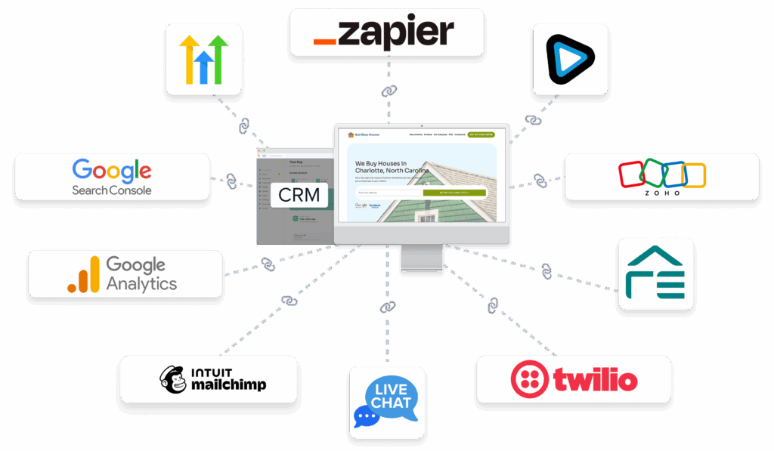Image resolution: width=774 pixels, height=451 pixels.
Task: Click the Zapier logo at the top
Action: (x=386, y=32)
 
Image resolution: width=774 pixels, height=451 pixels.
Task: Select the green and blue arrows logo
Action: (x=203, y=59)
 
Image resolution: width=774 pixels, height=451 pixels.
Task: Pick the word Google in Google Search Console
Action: (x=111, y=169)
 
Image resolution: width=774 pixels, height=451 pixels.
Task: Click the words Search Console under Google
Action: (x=111, y=190)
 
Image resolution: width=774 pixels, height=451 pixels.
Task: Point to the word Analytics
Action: (x=141, y=284)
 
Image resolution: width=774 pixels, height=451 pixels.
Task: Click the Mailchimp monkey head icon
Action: (x=173, y=379)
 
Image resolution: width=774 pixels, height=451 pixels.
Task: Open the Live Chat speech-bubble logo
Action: (x=386, y=403)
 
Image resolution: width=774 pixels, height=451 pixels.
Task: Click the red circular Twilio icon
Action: (x=529, y=379)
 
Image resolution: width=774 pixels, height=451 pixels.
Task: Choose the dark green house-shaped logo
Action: (x=655, y=273)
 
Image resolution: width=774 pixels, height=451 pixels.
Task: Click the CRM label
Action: (x=299, y=196)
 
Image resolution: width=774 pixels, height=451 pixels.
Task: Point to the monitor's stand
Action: (x=421, y=258)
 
